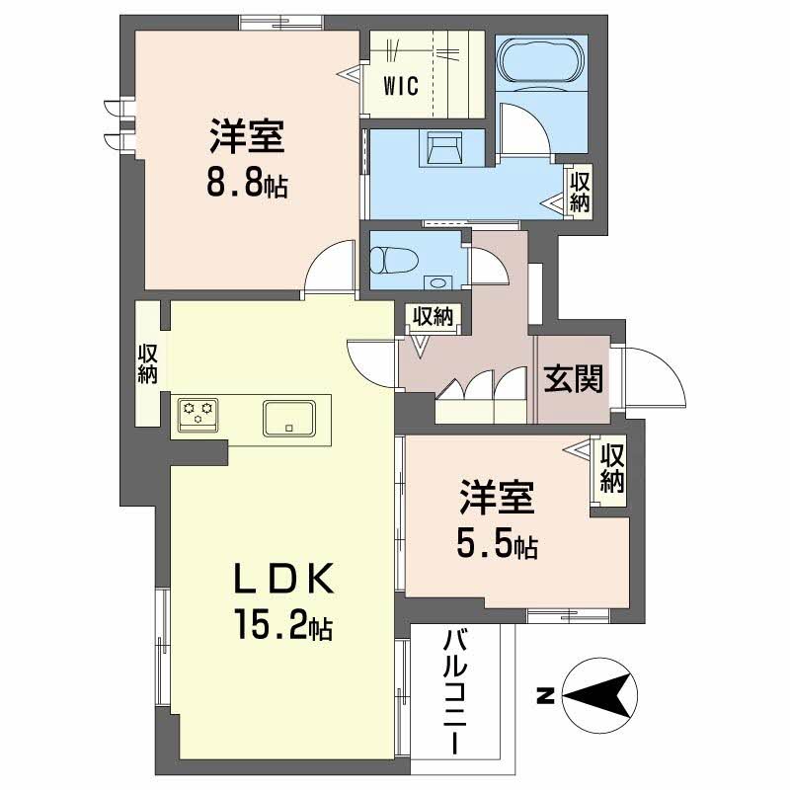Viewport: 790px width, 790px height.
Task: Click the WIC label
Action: point(402,85)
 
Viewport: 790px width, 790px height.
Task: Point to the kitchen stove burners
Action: point(197,411)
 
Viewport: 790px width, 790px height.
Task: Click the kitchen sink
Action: point(288,417)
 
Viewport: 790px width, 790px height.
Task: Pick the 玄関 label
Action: point(572,378)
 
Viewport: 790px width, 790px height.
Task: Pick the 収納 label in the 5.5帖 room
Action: point(612,468)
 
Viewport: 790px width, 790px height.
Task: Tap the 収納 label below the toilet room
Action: point(432,317)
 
